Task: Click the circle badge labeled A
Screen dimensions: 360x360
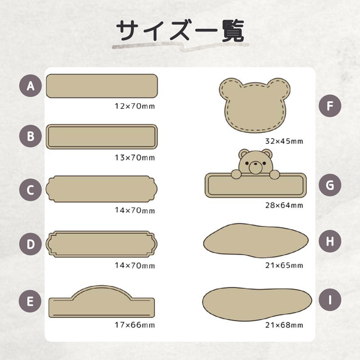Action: tap(30, 86)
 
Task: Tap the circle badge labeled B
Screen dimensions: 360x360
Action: tap(30, 136)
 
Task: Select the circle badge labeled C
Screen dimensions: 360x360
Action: tap(30, 189)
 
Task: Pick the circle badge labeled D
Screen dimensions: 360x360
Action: tap(30, 244)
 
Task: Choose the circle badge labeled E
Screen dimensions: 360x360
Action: tap(30, 302)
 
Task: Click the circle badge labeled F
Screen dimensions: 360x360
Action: tap(330, 106)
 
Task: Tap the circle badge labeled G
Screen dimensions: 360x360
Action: tap(330, 184)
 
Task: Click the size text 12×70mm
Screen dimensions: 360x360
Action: tap(135, 106)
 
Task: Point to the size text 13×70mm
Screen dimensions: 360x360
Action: tap(135, 157)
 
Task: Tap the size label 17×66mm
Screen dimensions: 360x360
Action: tap(135, 325)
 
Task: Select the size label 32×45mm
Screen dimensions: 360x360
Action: tap(283, 141)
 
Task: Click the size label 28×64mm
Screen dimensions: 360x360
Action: tap(283, 205)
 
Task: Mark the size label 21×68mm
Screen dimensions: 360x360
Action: tap(283, 325)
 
